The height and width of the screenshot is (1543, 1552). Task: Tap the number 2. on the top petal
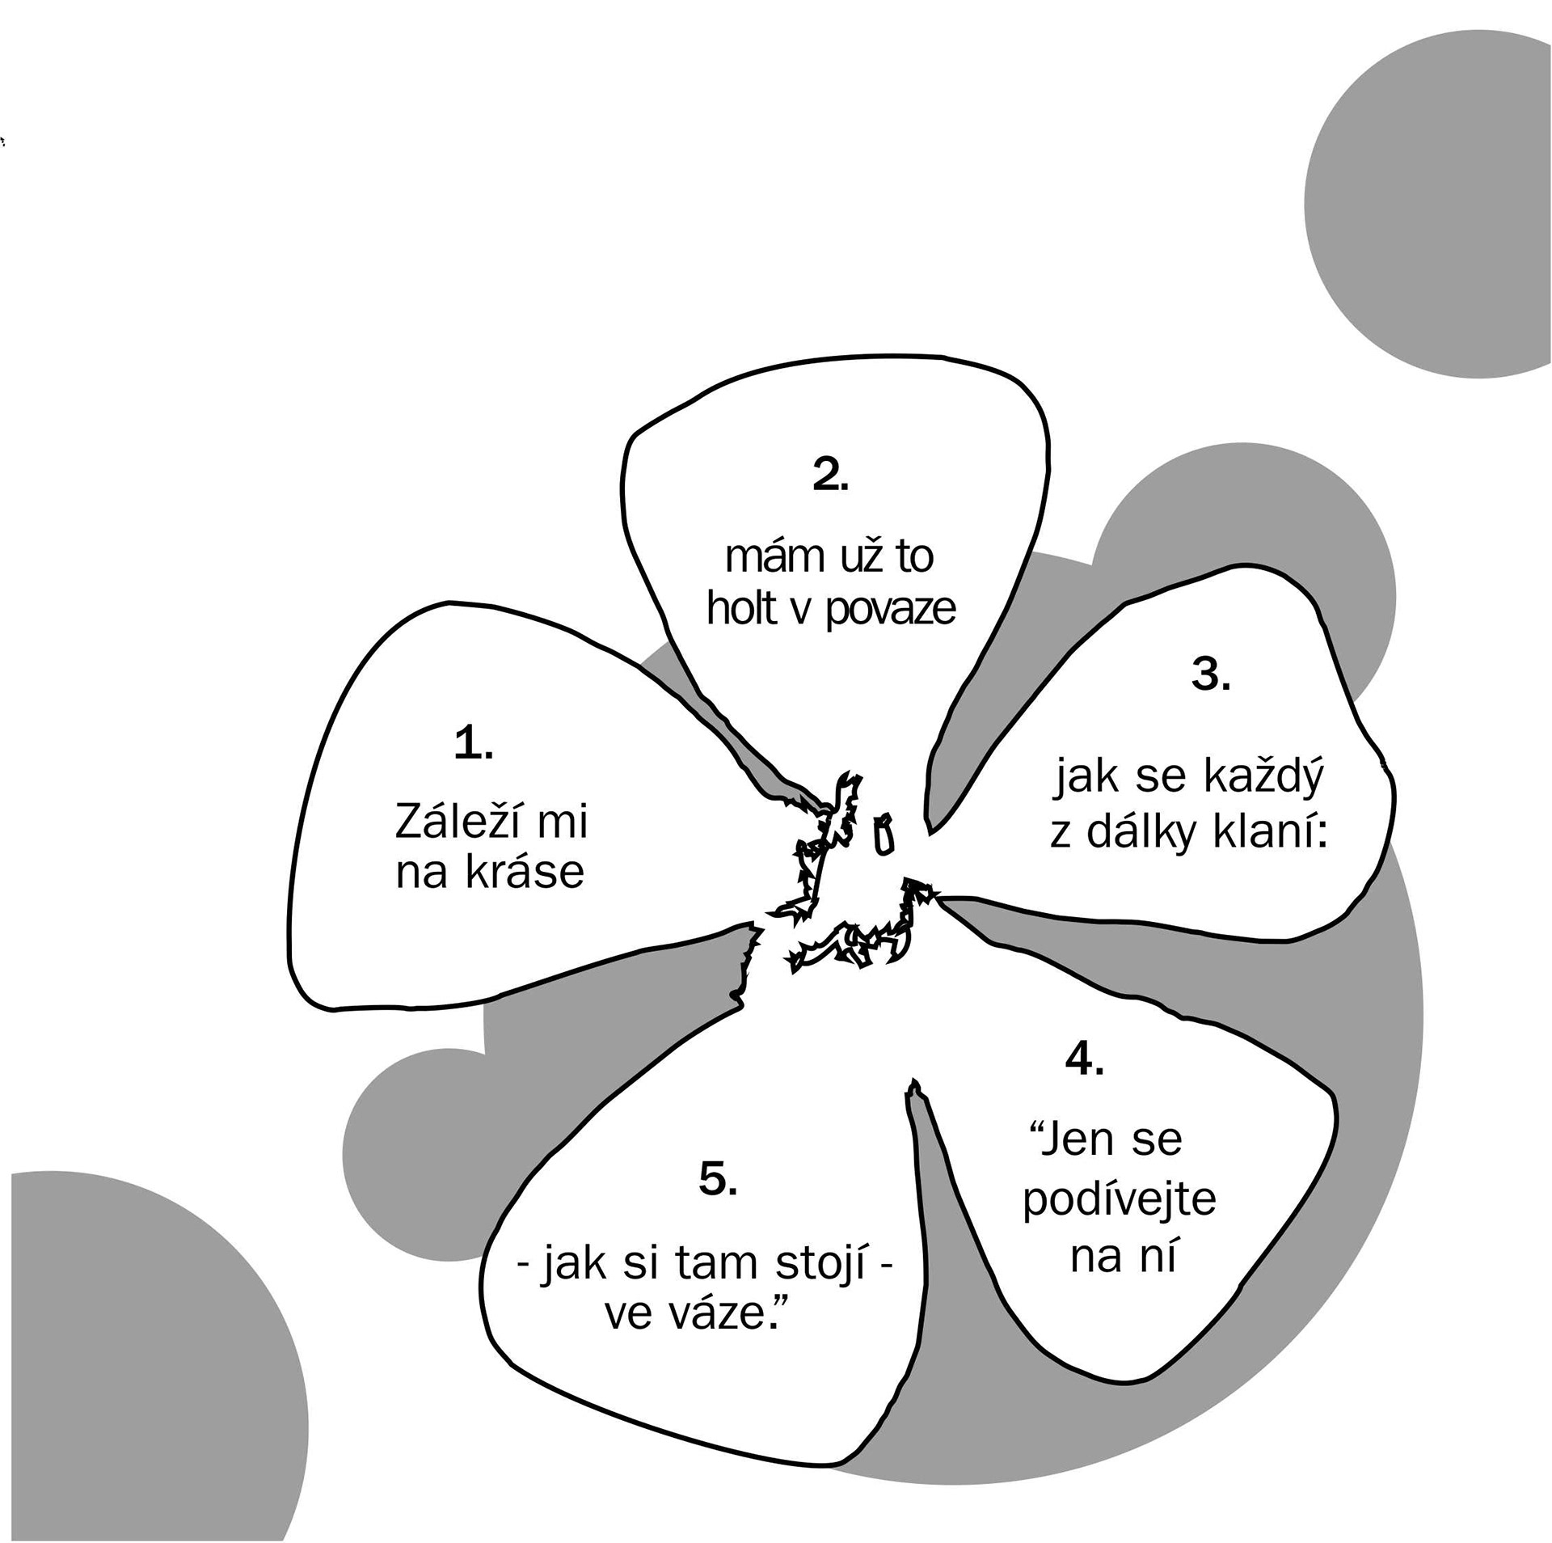click(830, 476)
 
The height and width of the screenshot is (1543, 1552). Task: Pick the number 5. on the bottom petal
click(718, 1180)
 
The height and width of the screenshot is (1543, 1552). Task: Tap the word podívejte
click(1119, 1198)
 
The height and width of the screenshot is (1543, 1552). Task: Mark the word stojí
click(820, 1263)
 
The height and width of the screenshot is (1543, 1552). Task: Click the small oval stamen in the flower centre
click(884, 834)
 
